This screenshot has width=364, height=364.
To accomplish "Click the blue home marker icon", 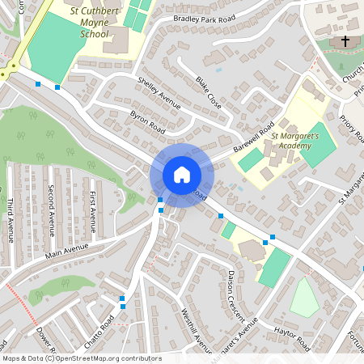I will [182, 175].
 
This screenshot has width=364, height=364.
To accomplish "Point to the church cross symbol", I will [345, 40].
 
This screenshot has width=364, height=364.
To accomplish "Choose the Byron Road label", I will [147, 122].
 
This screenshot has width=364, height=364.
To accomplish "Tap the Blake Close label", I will [209, 92].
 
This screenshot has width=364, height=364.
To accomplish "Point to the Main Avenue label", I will [66, 254].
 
